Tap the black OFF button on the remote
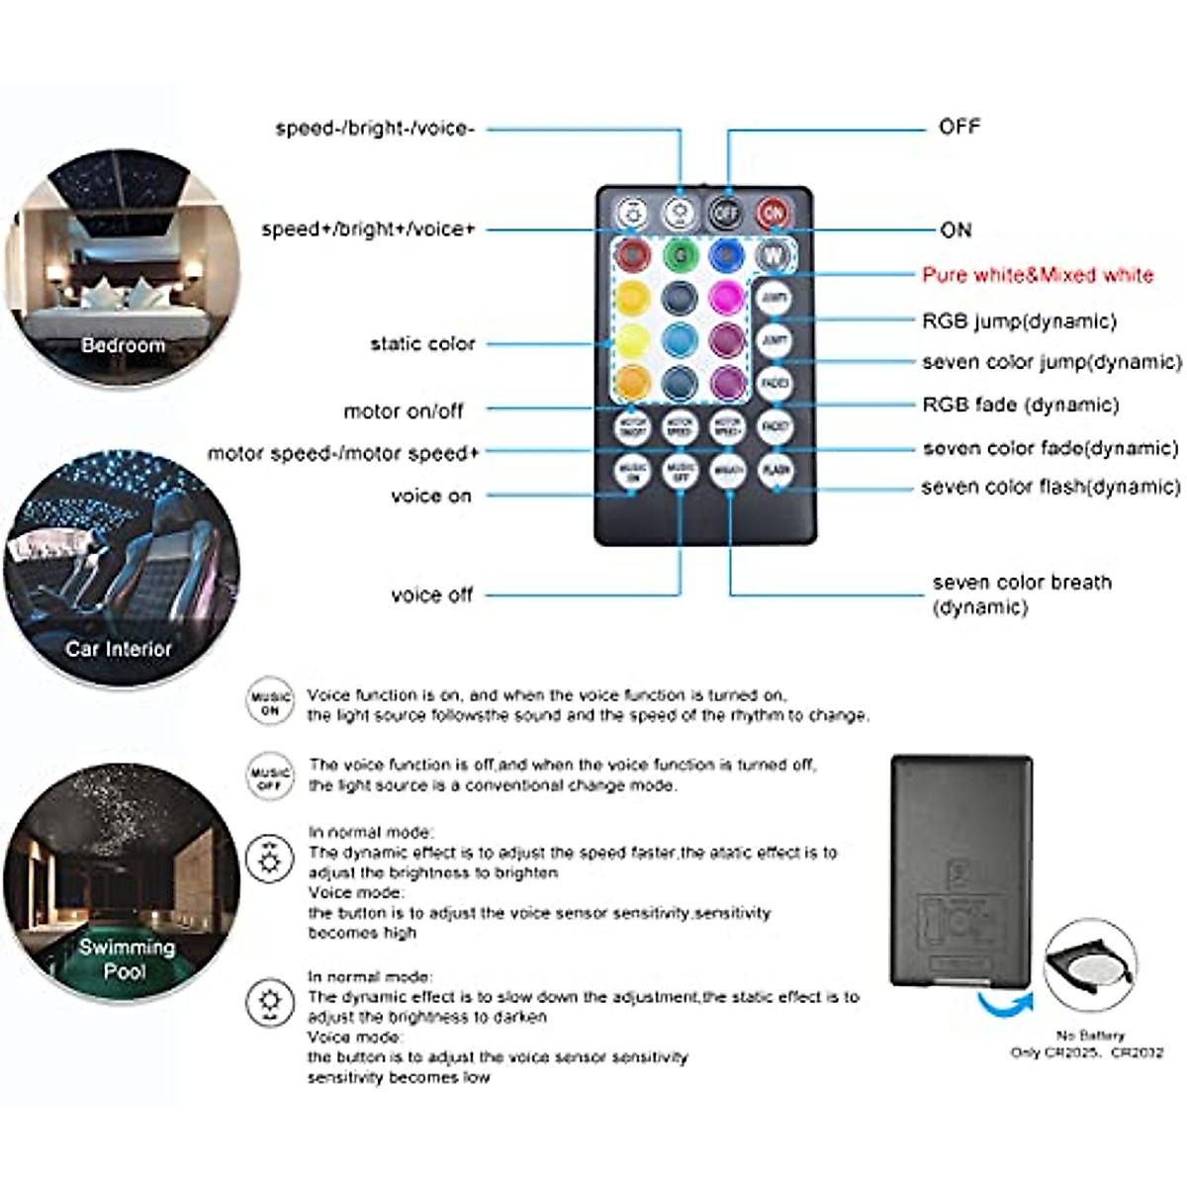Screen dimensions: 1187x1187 click(726, 213)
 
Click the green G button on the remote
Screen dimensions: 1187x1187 click(680, 255)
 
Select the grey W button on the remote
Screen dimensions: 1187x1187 click(773, 256)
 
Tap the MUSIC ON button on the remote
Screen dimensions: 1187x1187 click(633, 471)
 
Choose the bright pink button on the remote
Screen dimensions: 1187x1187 click(726, 297)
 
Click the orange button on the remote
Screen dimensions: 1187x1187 click(633, 381)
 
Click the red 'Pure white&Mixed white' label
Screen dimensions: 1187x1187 click(1038, 275)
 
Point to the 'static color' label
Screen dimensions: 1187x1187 click(422, 344)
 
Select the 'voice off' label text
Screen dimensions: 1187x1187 click(432, 594)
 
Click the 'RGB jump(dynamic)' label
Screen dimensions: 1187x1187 click(1019, 321)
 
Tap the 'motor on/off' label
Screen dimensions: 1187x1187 click(404, 411)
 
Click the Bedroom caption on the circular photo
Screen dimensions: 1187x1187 click(123, 345)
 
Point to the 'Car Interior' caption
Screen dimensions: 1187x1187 click(119, 649)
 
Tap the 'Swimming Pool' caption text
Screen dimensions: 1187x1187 click(127, 959)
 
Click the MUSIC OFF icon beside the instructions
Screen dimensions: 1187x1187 click(270, 777)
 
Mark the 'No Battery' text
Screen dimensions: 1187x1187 click(1089, 1035)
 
